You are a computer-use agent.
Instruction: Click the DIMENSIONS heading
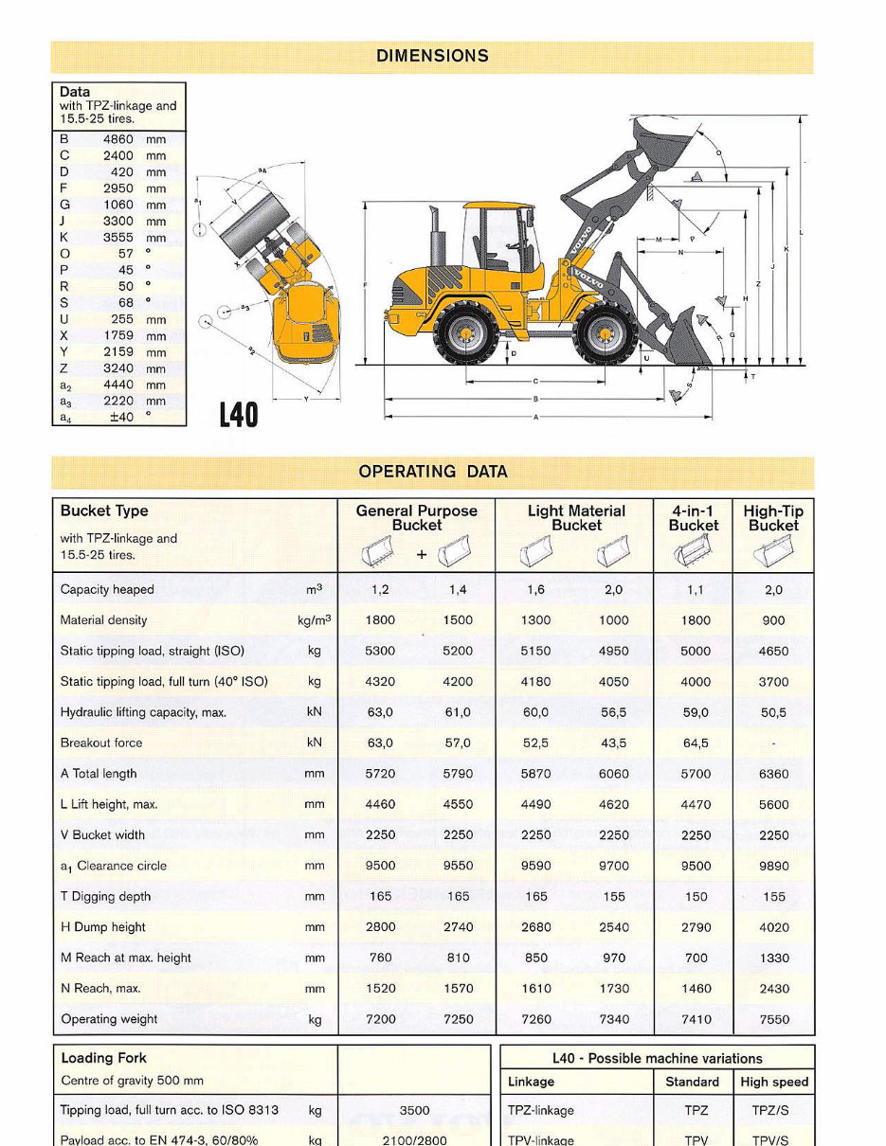pos(432,56)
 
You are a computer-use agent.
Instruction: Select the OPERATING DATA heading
pos(432,472)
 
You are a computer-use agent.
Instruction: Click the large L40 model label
pos(239,415)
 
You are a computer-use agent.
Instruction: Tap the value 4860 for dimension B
pos(118,139)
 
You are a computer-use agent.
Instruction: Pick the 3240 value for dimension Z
pos(118,368)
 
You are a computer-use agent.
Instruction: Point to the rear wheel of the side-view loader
pos(465,334)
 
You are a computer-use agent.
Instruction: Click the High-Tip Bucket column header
pos(773,518)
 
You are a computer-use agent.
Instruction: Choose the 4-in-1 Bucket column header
pos(694,518)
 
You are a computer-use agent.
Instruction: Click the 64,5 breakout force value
pos(696,743)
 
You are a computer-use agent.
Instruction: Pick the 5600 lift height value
pos(773,805)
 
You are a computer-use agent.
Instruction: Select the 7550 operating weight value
pos(773,1020)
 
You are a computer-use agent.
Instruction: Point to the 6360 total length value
pos(773,774)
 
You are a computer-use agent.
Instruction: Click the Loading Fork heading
pos(103,1058)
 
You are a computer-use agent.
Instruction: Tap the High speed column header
pos(774,1082)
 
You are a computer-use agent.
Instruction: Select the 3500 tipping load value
pos(414,1111)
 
